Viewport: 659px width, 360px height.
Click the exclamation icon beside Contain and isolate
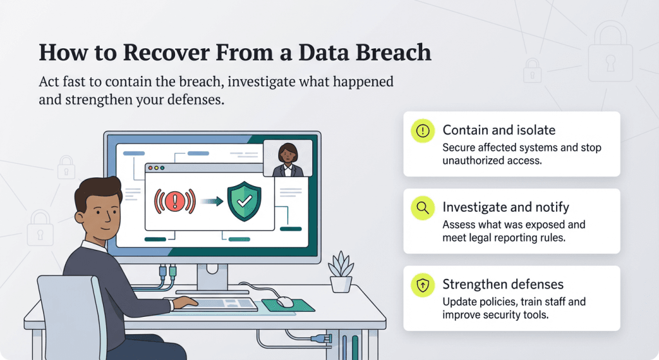point(422,131)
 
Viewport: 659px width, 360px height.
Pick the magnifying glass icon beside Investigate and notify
point(422,207)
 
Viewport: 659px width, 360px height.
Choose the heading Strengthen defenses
point(503,284)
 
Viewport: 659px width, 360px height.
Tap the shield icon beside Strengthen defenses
point(422,285)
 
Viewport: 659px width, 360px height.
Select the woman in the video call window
point(288,159)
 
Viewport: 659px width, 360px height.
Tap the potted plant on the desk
point(340,273)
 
